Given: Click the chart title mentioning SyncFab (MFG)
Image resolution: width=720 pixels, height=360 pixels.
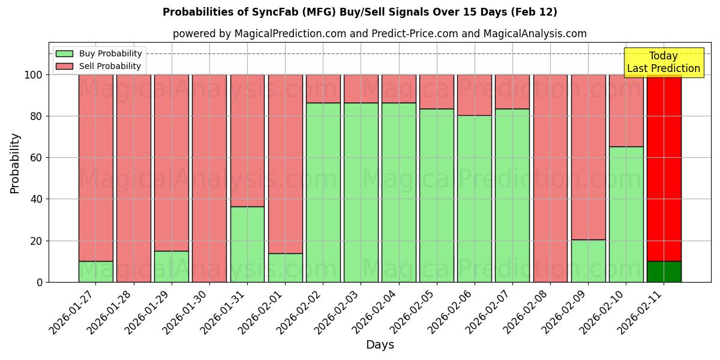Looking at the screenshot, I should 359,12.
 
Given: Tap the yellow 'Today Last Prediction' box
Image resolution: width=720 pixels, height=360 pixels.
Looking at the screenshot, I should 663,62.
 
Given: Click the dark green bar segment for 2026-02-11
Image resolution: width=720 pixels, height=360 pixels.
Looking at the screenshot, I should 664,271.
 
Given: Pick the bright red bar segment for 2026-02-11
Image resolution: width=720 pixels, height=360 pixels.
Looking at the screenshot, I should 664,168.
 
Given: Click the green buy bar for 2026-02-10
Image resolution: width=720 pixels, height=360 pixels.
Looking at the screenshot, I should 626,214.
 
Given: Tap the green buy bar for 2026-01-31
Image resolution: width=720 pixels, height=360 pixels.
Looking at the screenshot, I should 247,244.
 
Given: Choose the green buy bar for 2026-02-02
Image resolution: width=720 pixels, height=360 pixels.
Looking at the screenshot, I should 323,192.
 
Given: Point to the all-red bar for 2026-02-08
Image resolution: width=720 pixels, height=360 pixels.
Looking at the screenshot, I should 550,178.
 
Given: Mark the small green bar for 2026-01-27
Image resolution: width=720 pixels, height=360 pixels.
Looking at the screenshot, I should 95,271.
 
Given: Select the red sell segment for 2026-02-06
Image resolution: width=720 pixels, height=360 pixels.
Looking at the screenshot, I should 474,95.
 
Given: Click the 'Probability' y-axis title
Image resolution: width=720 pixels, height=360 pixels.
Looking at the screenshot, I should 15,163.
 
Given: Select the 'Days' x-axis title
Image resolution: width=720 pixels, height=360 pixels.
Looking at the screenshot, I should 380,345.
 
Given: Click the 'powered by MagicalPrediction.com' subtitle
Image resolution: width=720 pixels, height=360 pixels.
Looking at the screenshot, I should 379,34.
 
